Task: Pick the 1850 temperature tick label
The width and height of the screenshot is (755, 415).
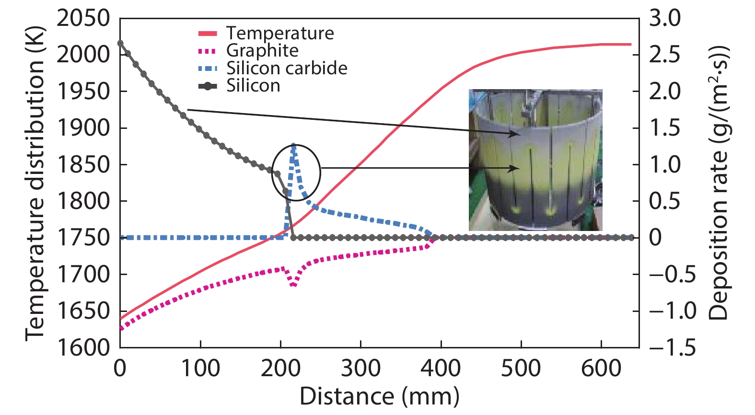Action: (83, 164)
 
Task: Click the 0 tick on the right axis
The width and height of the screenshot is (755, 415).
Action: (655, 238)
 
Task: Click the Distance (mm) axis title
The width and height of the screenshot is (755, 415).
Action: (379, 397)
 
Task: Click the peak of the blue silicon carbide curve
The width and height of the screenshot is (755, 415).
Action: (294, 144)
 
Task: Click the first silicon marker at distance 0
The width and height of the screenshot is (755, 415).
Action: (120, 43)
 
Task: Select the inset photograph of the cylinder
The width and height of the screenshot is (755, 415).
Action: (535, 160)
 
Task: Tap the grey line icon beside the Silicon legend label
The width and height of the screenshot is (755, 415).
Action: (208, 86)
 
